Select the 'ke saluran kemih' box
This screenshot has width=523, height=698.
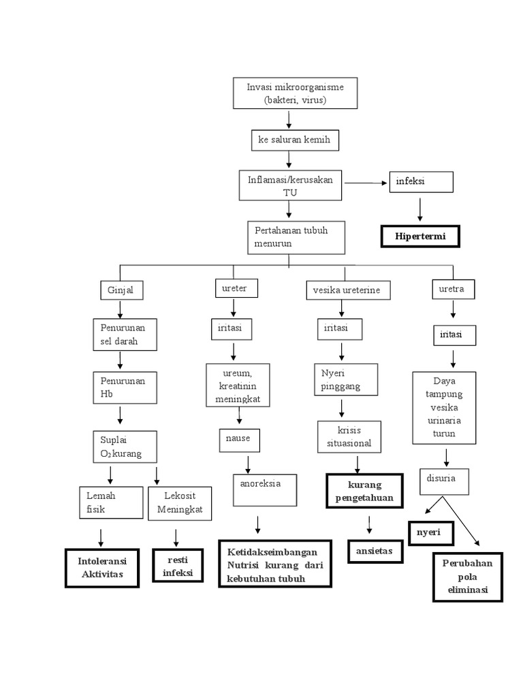click(x=294, y=140)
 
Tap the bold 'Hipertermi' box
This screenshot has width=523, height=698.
click(x=419, y=236)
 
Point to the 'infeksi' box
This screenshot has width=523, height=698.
click(x=421, y=183)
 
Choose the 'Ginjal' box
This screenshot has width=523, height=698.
click(x=120, y=290)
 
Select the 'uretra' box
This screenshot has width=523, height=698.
click(x=453, y=289)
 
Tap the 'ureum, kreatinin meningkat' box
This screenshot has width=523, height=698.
click(x=238, y=386)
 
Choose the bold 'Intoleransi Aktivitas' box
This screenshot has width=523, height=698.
click(x=102, y=568)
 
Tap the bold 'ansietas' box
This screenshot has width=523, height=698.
click(x=375, y=551)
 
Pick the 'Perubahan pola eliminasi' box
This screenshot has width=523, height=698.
click(x=467, y=577)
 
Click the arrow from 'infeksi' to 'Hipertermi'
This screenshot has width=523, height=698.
click(x=420, y=209)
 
